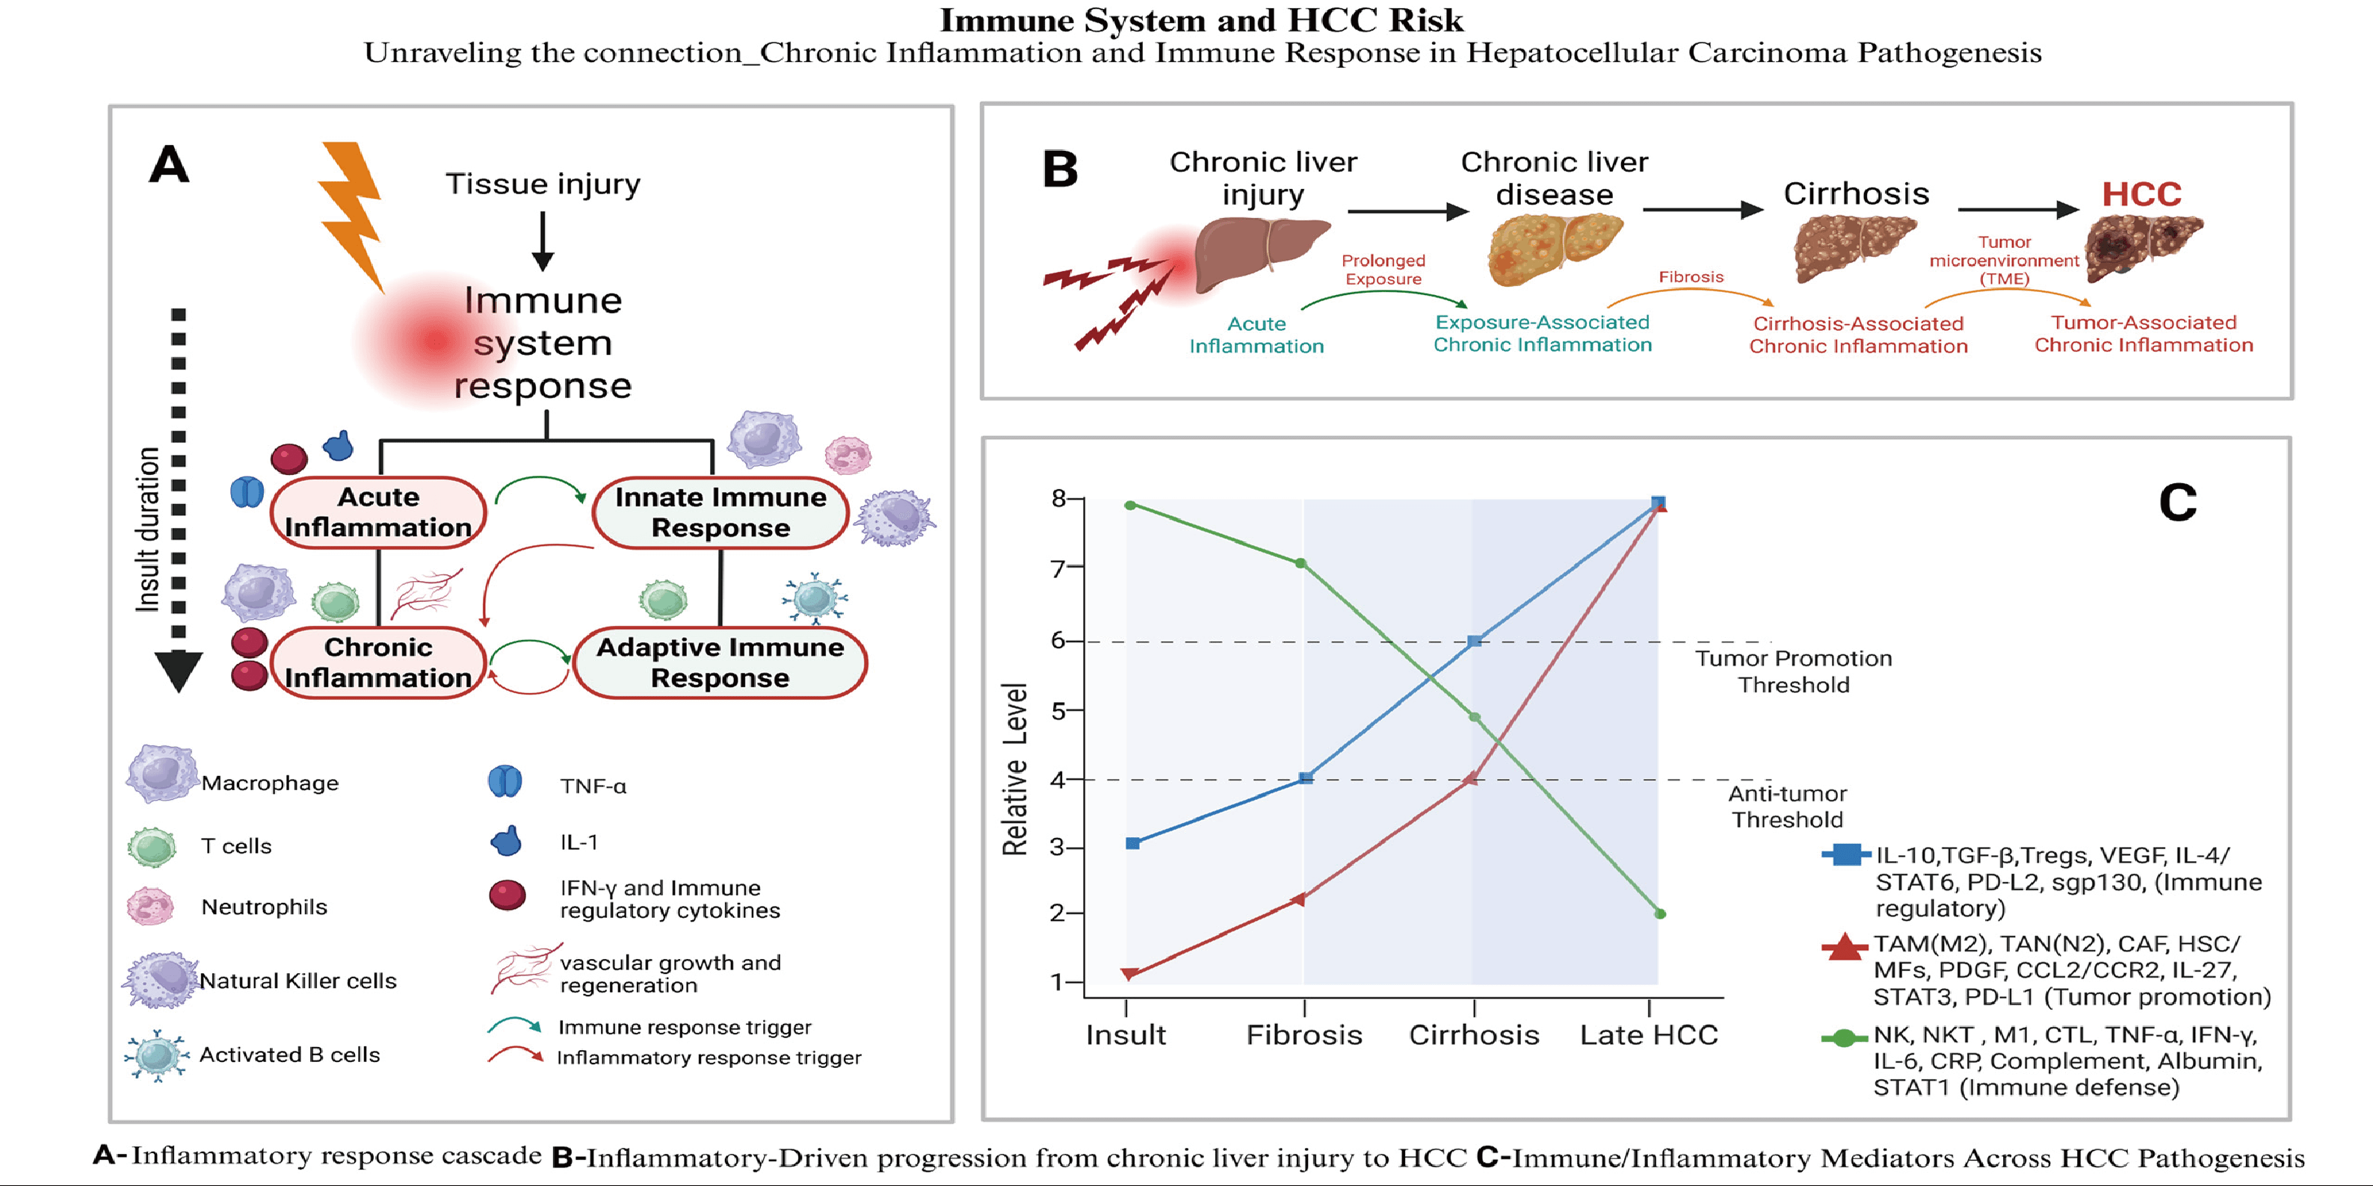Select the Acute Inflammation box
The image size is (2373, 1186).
[x=377, y=512]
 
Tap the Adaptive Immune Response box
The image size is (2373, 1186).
[x=720, y=662]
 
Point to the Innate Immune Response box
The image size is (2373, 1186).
[x=720, y=512]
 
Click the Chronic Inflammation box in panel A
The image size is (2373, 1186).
[x=377, y=662]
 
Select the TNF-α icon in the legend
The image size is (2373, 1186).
[x=504, y=782]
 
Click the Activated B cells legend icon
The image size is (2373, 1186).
[x=157, y=1055]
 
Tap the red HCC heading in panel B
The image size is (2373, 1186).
[x=2141, y=194]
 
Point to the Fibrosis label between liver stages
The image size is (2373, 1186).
[x=1691, y=276]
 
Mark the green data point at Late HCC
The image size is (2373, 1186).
[x=1660, y=913]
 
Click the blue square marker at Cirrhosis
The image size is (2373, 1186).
[x=1474, y=641]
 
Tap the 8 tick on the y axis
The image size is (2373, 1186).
[x=1058, y=498]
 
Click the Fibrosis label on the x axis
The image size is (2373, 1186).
[x=1303, y=1035]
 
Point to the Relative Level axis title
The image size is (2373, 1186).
[x=1014, y=769]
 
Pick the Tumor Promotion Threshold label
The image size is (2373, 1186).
[x=1793, y=671]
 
